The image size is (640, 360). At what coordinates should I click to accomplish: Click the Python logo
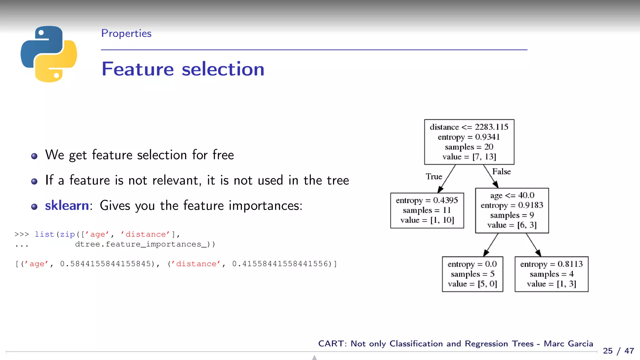49,54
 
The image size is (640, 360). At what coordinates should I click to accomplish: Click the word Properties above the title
126,33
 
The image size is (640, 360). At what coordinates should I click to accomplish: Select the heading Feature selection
183,69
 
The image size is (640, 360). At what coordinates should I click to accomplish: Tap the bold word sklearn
67,206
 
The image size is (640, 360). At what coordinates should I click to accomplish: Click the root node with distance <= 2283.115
469,142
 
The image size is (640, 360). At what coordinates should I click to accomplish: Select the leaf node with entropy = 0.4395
427,210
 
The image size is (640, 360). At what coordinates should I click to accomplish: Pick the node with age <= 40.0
512,210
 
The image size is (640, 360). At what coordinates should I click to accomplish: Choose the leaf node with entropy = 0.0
472,274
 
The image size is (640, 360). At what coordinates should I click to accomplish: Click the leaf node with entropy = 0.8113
551,274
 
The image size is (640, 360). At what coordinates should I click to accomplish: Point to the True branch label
434,177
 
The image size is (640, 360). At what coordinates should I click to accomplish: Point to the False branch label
501,172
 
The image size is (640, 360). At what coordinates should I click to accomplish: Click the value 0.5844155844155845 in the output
106,264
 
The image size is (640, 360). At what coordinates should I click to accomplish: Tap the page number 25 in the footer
608,351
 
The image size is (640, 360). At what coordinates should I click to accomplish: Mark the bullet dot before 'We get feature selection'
34,156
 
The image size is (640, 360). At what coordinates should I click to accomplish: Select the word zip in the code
67,234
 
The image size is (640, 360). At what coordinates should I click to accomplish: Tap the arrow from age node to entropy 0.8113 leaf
533,245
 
